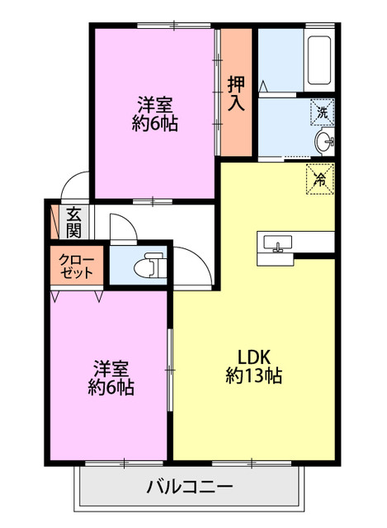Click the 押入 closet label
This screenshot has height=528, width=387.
pos(236,92)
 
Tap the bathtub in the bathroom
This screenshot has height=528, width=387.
pos(319,62)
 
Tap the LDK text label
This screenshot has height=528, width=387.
pos(254,356)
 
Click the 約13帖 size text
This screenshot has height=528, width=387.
pos(254,376)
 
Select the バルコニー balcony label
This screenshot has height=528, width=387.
pos(190,486)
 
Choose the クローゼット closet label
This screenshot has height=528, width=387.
pos(77,266)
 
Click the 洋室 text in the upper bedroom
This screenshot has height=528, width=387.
pos(154,106)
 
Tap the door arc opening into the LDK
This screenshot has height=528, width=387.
pos(189,266)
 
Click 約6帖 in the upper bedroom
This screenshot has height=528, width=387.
pos(154,125)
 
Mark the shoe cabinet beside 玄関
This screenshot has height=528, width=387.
pos(55,221)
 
